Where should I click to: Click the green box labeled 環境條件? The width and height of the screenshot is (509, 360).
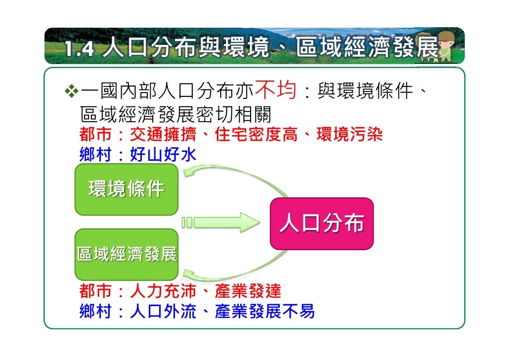(x=126, y=189)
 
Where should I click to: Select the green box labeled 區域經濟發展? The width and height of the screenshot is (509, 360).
(x=126, y=255)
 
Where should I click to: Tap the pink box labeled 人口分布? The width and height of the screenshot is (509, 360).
(x=322, y=224)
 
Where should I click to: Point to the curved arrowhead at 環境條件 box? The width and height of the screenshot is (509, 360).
(x=189, y=172)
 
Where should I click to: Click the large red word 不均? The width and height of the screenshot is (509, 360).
(x=275, y=90)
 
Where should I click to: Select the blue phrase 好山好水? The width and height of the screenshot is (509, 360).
(x=163, y=155)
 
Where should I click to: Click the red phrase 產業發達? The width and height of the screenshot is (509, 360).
(x=248, y=290)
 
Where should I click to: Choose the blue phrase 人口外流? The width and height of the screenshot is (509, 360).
(x=163, y=311)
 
